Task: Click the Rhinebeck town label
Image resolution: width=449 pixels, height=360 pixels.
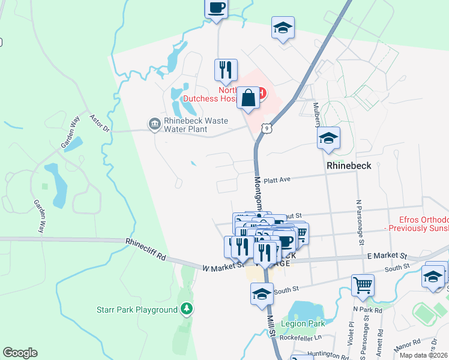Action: coord(349,165)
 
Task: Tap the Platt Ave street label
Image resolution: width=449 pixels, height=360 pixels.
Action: coord(277,179)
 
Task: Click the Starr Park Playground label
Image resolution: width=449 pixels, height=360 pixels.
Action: coord(137,310)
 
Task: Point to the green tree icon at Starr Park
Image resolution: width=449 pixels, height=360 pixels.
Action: coord(188,309)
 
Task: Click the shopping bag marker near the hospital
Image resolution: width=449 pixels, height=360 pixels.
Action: coord(248,98)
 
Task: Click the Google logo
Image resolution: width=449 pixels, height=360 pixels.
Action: coord(20,353)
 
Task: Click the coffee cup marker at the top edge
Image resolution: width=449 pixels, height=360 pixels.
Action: coord(216,9)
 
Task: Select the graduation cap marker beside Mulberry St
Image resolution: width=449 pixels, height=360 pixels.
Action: coord(328,139)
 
